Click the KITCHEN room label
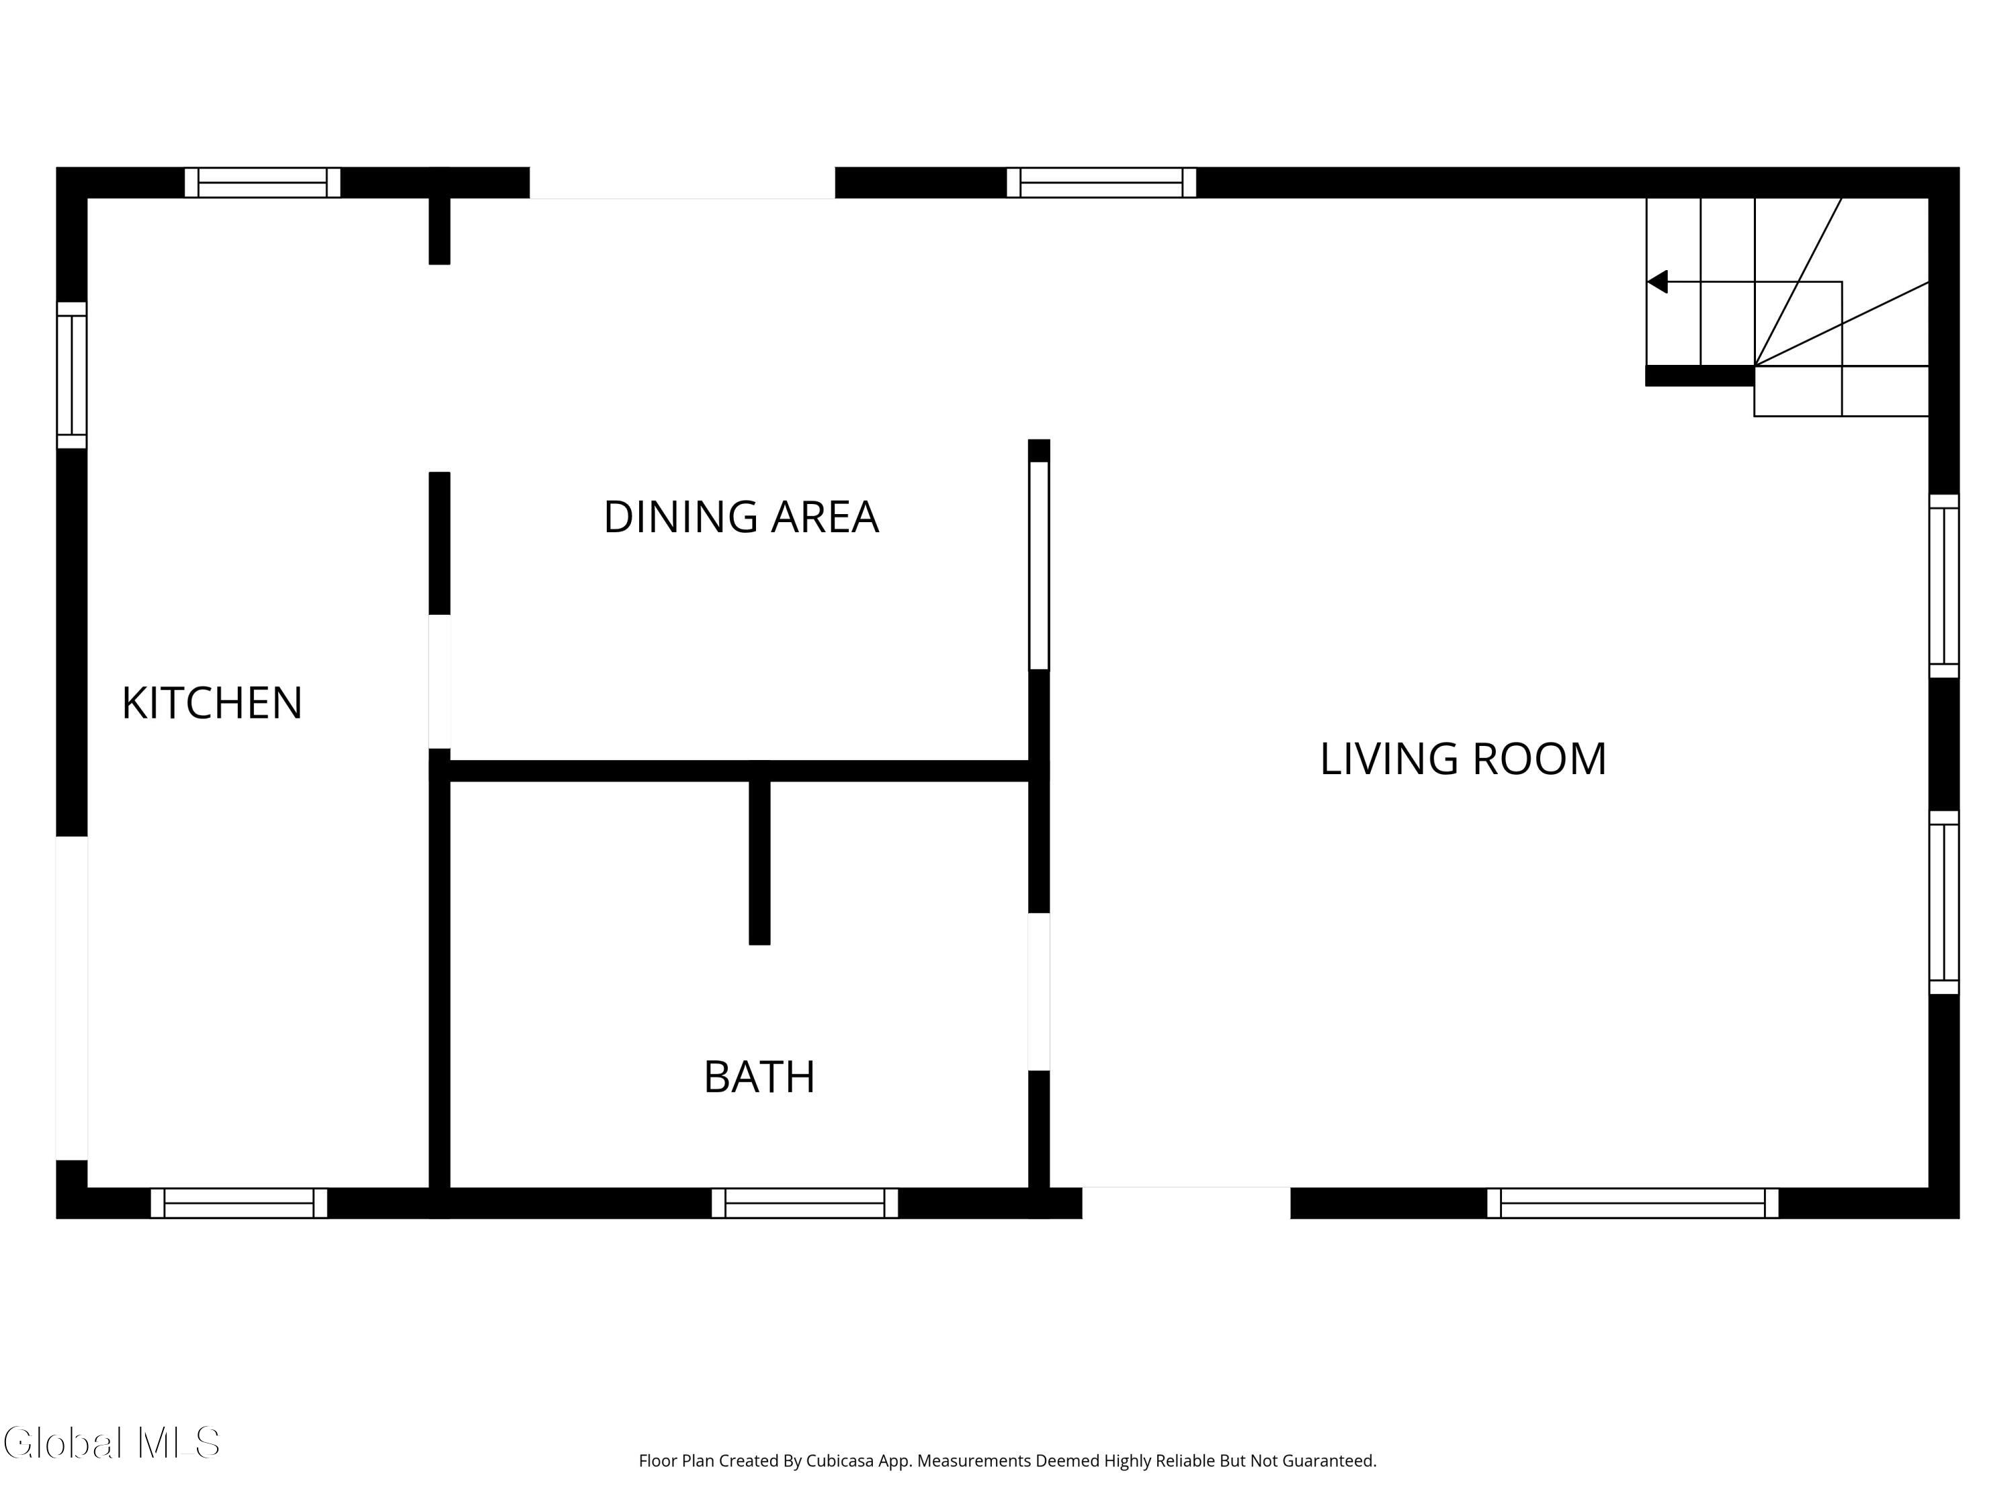coord(212,703)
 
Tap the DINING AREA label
coord(741,517)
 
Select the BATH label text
coord(759,1077)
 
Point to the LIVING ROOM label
coord(1463,758)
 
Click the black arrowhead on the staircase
coord(1658,282)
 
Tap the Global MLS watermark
coord(111,1443)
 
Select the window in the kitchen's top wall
coord(263,182)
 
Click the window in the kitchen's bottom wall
coord(239,1203)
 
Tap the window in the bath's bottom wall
coord(805,1203)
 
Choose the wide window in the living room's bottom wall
coord(1632,1203)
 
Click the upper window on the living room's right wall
coord(1944,586)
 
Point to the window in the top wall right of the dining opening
coord(1101,182)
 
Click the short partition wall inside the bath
coord(759,862)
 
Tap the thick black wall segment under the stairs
coord(1699,376)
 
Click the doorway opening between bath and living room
coord(1039,992)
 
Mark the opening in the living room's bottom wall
coord(1185,1203)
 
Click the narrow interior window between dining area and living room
coord(1039,566)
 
